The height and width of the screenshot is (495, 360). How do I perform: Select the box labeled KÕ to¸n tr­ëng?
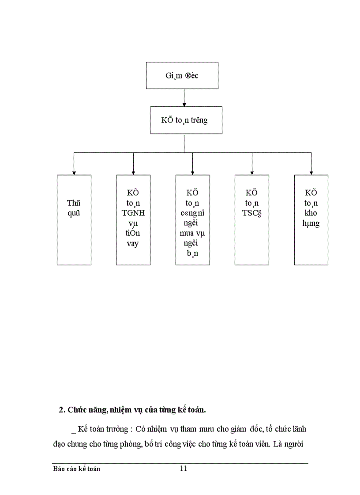[184, 120]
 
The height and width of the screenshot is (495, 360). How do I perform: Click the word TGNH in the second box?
[133, 213]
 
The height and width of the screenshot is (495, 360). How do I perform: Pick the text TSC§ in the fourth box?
[251, 213]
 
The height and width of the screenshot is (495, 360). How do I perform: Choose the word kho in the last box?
[311, 213]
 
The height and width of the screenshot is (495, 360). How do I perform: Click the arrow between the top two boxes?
[184, 97]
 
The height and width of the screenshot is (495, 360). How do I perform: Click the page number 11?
[184, 469]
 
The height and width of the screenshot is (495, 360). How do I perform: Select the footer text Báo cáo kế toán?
[76, 469]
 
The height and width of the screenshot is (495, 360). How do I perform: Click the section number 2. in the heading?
[62, 409]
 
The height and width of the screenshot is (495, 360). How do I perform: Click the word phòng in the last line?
[132, 445]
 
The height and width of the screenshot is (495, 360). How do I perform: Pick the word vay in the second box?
[133, 244]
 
